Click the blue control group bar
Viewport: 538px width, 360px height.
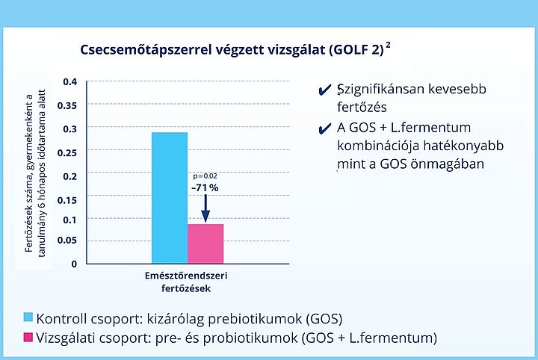[x=170, y=198]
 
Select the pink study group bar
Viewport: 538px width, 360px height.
[x=205, y=243]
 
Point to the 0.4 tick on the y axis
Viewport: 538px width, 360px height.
[x=70, y=82]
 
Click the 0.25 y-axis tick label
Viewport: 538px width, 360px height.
[x=67, y=152]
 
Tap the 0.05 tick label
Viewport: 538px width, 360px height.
[x=67, y=240]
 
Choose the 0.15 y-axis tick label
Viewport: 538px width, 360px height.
[x=67, y=200]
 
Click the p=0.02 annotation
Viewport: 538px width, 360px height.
[x=205, y=176]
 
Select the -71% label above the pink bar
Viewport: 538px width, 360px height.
[x=205, y=187]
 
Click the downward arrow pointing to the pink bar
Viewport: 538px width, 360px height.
[x=205, y=208]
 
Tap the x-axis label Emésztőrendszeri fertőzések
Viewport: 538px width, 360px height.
[x=186, y=282]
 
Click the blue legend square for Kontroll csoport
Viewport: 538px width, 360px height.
[x=28, y=317]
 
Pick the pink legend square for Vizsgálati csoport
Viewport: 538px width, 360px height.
[x=28, y=337]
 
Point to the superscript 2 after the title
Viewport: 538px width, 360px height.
[x=388, y=45]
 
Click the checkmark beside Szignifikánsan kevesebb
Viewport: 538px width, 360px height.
[x=324, y=90]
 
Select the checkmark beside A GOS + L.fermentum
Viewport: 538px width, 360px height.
[x=324, y=128]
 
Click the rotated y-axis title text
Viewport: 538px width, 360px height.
[x=35, y=173]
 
